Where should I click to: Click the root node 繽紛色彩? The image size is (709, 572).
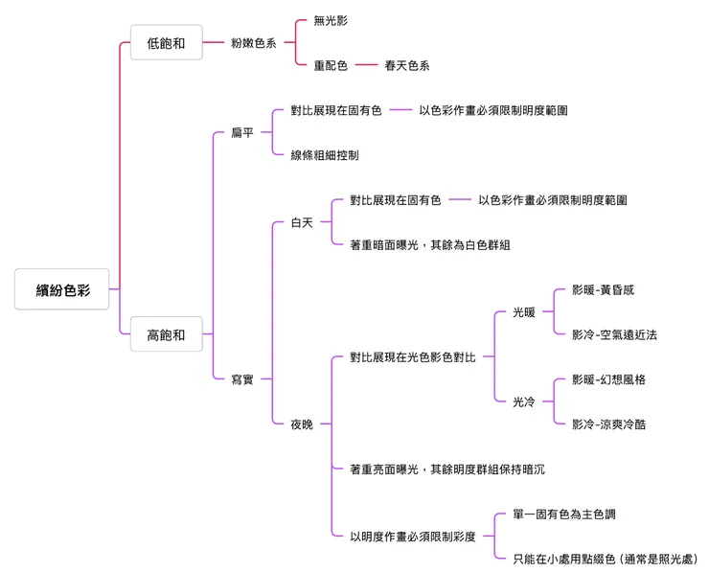tap(62, 289)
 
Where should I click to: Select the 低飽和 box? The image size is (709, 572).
tap(166, 42)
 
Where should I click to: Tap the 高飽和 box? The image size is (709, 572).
tap(166, 334)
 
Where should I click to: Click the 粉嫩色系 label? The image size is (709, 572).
tap(253, 42)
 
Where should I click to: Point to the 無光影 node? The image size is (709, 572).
tap(332, 20)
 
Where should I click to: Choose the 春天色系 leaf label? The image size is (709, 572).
tap(407, 65)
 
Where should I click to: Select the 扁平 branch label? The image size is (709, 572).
tap(242, 132)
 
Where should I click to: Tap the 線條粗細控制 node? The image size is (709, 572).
tap(325, 155)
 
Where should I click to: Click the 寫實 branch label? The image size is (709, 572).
tap(242, 379)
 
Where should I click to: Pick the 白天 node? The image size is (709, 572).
tap(302, 222)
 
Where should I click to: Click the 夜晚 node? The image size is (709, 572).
tap(302, 424)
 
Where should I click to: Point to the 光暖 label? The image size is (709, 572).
tap(523, 312)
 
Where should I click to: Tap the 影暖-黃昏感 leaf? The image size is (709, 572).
tap(603, 289)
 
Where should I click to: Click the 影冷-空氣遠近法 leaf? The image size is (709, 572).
tap(614, 334)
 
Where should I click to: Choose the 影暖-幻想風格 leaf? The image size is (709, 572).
tap(608, 379)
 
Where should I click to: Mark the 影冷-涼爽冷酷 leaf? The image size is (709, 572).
tap(608, 424)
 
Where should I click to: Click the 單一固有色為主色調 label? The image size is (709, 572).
tap(563, 515)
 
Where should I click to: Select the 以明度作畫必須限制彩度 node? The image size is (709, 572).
tap(412, 537)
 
